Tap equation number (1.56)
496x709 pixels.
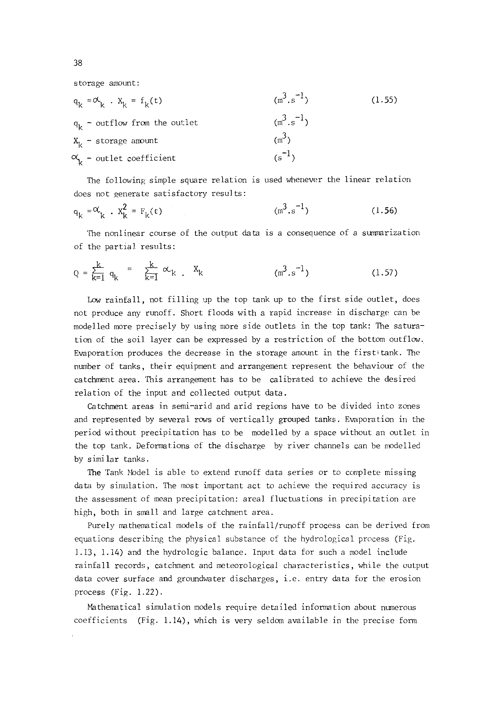coord(384,211)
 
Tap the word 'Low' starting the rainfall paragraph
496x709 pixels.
coord(93,300)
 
